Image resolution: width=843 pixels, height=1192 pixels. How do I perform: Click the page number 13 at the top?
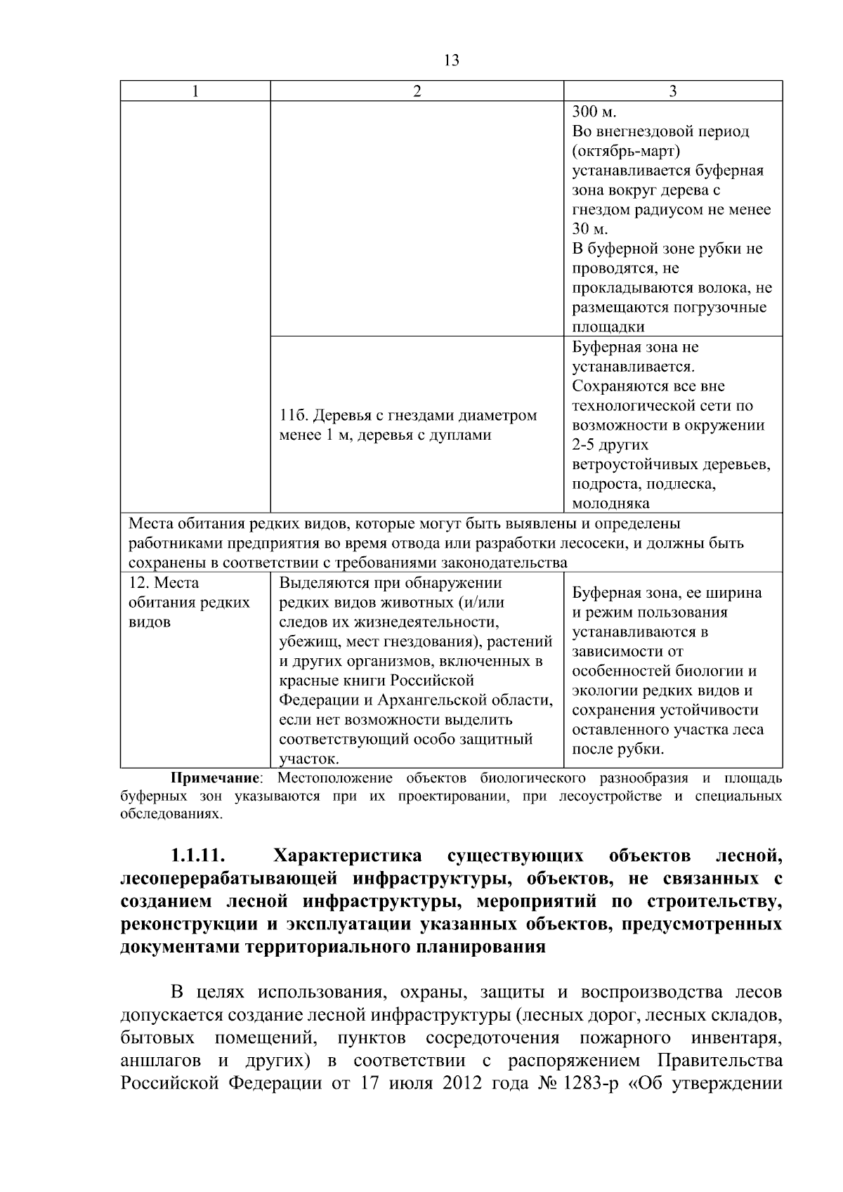[452, 61]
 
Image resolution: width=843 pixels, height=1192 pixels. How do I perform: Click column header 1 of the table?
[195, 91]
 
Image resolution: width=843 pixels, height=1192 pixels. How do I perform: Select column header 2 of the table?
[417, 91]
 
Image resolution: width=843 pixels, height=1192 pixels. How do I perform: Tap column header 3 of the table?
[672, 91]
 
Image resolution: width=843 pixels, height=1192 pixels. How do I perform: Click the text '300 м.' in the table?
[594, 112]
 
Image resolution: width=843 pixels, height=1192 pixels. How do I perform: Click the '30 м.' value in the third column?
[590, 230]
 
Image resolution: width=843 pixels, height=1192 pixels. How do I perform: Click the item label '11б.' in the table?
[294, 416]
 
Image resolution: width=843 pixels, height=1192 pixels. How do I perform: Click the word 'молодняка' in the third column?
[610, 504]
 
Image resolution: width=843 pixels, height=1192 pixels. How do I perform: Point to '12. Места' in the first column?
[164, 583]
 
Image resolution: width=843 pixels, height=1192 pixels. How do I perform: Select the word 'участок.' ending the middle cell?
[309, 759]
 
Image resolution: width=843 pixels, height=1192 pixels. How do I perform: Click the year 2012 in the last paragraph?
[463, 1103]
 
